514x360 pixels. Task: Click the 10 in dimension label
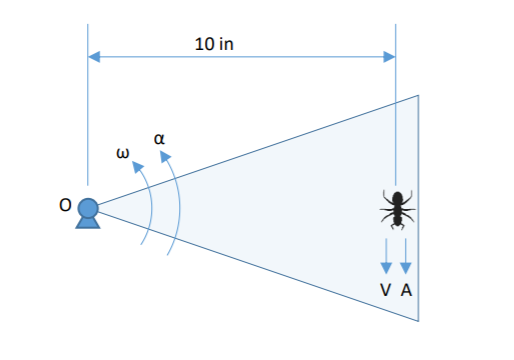(x=214, y=44)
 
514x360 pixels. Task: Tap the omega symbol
(x=123, y=153)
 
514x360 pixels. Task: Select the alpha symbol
(x=159, y=139)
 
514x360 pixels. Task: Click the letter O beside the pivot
(x=65, y=205)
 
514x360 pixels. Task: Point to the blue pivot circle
(x=88, y=208)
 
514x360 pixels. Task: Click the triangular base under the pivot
(x=88, y=223)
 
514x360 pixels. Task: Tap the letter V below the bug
(x=385, y=290)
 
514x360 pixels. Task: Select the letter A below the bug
(x=406, y=290)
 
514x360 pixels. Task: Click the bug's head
(x=397, y=197)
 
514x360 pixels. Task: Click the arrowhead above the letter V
(x=386, y=268)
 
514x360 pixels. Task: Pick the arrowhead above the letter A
(x=406, y=268)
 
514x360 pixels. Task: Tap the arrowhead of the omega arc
(x=137, y=167)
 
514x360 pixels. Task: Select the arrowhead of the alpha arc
(x=165, y=156)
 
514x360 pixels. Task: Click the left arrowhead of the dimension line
(x=94, y=57)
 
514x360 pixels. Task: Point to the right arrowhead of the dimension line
(x=389, y=57)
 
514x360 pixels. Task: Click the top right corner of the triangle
(x=418, y=95)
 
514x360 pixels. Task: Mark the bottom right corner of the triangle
(x=418, y=321)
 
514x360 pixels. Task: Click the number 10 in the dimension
(x=204, y=44)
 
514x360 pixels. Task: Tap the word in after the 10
(x=226, y=44)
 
